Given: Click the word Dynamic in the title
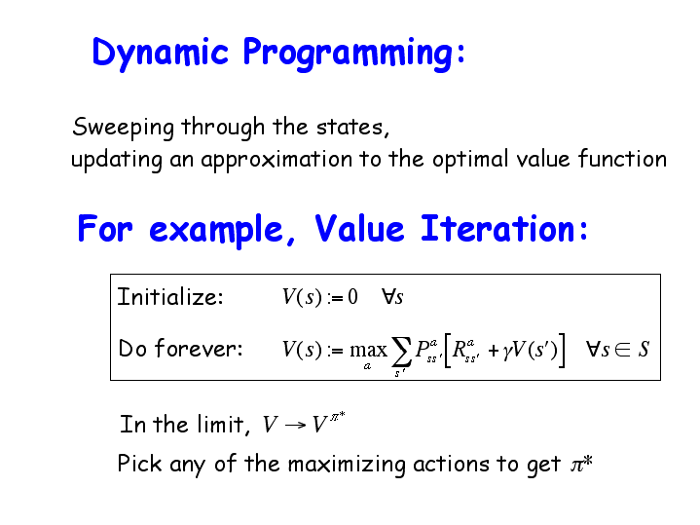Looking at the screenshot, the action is [160, 54].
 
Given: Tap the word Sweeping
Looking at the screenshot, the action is [123, 127].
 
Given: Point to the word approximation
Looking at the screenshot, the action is [276, 160].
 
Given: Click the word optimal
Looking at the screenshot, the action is [470, 160].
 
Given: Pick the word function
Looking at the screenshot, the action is [622, 158].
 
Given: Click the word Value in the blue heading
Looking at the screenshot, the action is [359, 228].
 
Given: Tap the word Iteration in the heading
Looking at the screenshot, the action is [497, 228].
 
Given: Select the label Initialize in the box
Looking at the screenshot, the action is [169, 297].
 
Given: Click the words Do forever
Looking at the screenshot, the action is [180, 348].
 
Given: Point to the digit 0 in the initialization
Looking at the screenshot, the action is [352, 297].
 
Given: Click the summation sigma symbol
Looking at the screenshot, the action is [401, 352].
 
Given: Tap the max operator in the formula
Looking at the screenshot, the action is [368, 351].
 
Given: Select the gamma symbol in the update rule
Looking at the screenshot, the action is [506, 352].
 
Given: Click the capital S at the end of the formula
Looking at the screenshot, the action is [644, 350].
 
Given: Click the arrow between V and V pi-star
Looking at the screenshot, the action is [295, 425].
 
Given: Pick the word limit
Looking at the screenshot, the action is [221, 424].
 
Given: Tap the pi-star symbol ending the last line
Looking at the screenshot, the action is [581, 464].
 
